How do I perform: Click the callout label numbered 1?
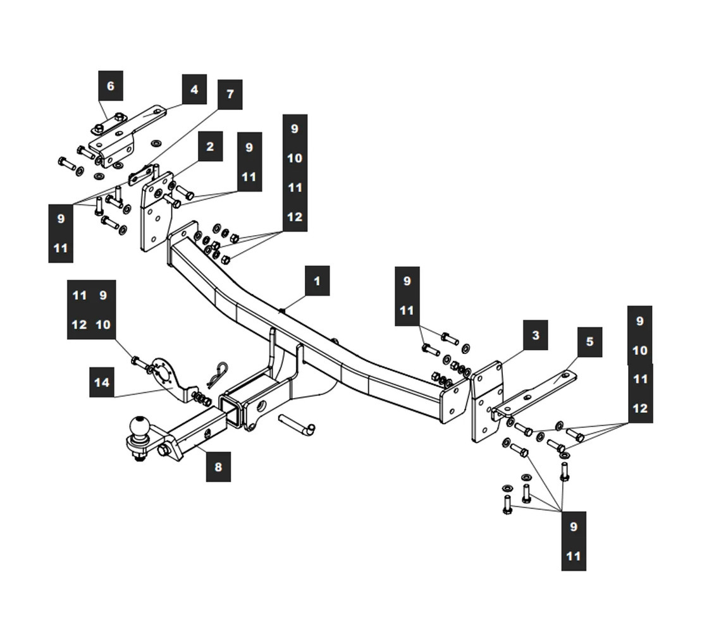[x=317, y=281]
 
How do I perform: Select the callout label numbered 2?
[x=210, y=147]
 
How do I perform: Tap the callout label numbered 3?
[x=535, y=335]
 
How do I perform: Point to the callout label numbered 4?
[x=194, y=90]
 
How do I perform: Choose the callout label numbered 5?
[x=589, y=342]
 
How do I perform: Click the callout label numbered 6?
[x=111, y=85]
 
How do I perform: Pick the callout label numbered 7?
[x=230, y=94]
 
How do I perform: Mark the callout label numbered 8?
[x=218, y=467]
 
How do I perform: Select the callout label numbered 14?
[x=101, y=382]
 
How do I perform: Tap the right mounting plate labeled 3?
[x=487, y=401]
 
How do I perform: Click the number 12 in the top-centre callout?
[x=295, y=217]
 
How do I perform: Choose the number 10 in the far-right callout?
[x=639, y=350]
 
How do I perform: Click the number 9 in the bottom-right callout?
[x=573, y=526]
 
